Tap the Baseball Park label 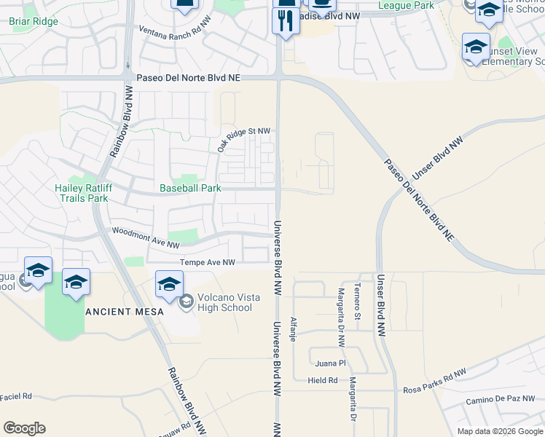point(190,188)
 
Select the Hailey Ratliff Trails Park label point(82,192)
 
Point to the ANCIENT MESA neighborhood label point(122,311)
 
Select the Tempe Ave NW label point(208,262)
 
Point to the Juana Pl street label point(330,362)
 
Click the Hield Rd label point(322,380)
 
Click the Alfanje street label point(293,330)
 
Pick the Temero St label point(357,302)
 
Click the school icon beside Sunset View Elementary point(476,48)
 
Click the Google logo point(24,428)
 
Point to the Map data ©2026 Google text point(498,431)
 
